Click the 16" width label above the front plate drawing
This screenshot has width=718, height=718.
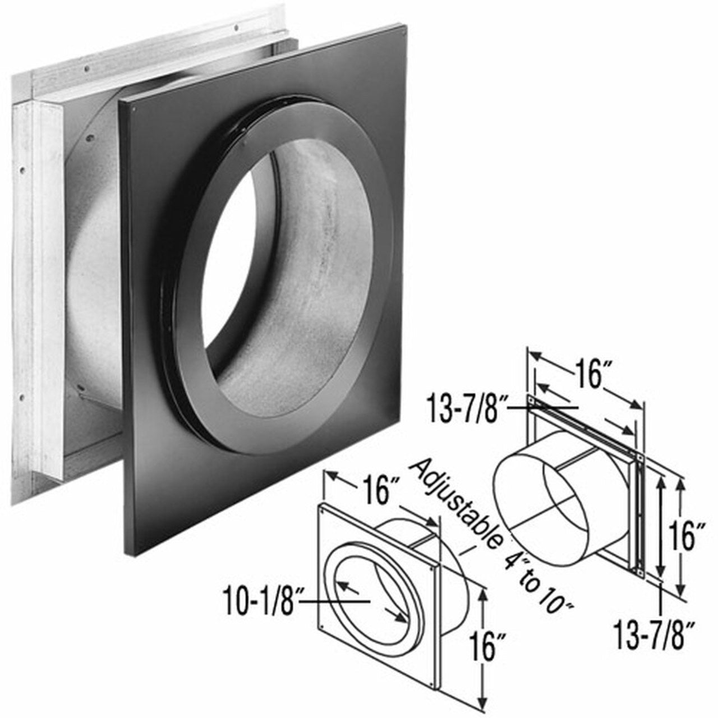click(x=378, y=491)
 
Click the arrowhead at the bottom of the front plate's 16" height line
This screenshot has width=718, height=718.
click(x=481, y=704)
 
